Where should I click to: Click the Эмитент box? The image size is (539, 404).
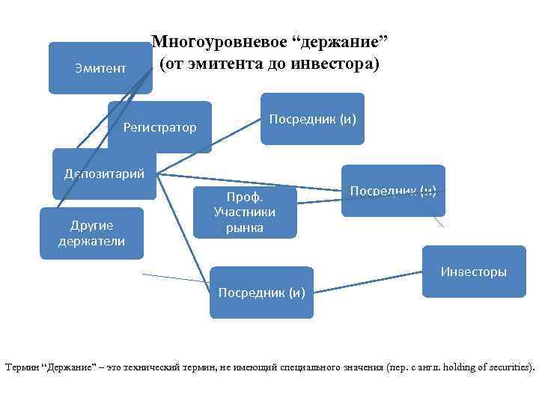[100, 69]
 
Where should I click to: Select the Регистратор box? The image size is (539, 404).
[159, 127]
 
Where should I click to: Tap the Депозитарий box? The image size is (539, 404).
[104, 174]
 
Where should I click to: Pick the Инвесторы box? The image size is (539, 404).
[473, 272]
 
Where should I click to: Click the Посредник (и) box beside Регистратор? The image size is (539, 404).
[312, 119]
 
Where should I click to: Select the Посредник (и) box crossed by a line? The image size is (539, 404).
[393, 191]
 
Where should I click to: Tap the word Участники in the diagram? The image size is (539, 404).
[245, 212]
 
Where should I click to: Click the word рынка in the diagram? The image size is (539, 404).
[245, 227]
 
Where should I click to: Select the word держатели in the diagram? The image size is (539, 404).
[91, 241]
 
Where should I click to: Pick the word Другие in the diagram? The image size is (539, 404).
[91, 225]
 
